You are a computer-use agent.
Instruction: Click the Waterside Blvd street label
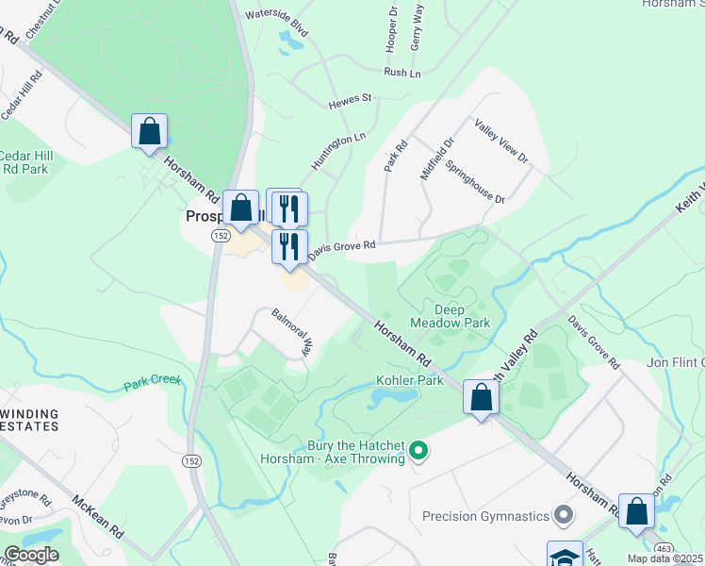[x=277, y=17]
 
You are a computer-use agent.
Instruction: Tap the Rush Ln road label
[x=401, y=73]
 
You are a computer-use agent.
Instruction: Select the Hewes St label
[x=351, y=97]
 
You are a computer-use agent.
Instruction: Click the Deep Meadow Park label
[x=450, y=315]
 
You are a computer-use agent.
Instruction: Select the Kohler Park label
[x=410, y=380]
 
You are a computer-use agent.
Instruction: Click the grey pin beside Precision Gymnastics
[x=564, y=516]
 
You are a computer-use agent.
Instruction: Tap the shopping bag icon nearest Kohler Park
[x=481, y=397]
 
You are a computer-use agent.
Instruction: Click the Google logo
[x=31, y=555]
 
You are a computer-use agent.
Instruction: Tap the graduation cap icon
[x=565, y=556]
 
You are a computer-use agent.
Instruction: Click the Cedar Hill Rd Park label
[x=25, y=162]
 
